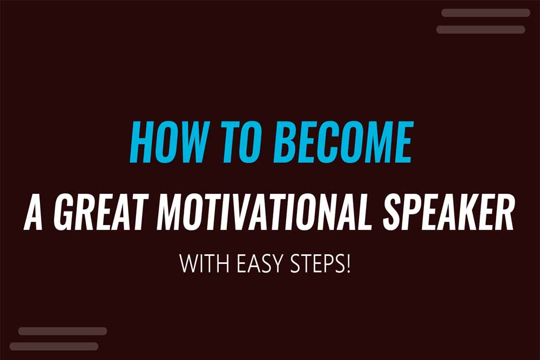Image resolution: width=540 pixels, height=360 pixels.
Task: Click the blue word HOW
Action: coord(169,144)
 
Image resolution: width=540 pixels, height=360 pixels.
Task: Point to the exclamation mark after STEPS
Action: coord(348,264)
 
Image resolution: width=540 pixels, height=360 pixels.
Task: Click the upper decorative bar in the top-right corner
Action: coord(486,13)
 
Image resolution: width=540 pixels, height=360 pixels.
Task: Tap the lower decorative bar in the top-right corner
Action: coord(481,29)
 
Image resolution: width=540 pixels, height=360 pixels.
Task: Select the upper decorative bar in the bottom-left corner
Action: coord(63,331)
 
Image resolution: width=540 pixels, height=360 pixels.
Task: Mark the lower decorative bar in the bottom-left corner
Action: coord(54,346)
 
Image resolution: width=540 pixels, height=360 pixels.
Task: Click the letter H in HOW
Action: coord(141,144)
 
